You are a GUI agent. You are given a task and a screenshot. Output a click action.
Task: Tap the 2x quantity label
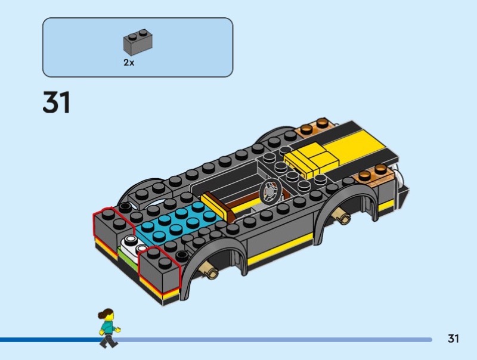[x=129, y=63]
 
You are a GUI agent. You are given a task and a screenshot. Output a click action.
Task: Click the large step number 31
[x=57, y=103]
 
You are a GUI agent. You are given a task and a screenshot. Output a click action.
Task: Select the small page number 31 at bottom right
[x=453, y=339]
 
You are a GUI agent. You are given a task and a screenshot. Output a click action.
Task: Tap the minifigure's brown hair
[x=105, y=313]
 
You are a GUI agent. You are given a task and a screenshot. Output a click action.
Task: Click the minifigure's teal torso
[x=107, y=327]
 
